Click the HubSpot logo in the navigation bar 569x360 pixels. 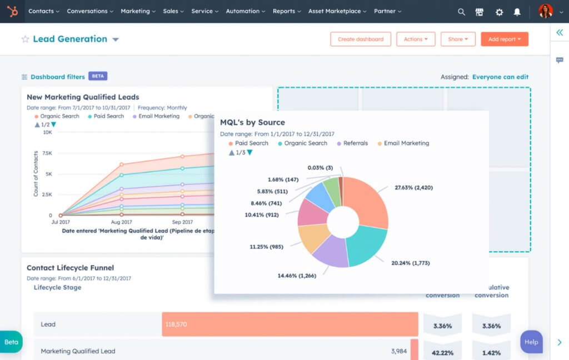(x=12, y=11)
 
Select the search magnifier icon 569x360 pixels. (x=461, y=12)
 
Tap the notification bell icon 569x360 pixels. (x=517, y=12)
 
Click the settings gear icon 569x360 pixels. (x=498, y=12)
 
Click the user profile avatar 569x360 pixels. (x=545, y=11)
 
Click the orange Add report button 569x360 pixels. (x=504, y=39)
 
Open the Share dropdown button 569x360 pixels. (x=458, y=39)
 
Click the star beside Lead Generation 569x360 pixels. (x=25, y=39)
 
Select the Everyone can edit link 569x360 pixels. (x=500, y=77)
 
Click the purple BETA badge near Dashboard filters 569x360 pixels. (x=98, y=76)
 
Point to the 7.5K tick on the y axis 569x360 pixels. (x=47, y=153)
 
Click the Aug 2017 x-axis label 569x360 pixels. (x=121, y=222)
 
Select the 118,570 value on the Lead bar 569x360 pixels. (x=176, y=324)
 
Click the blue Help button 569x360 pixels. (x=531, y=342)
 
